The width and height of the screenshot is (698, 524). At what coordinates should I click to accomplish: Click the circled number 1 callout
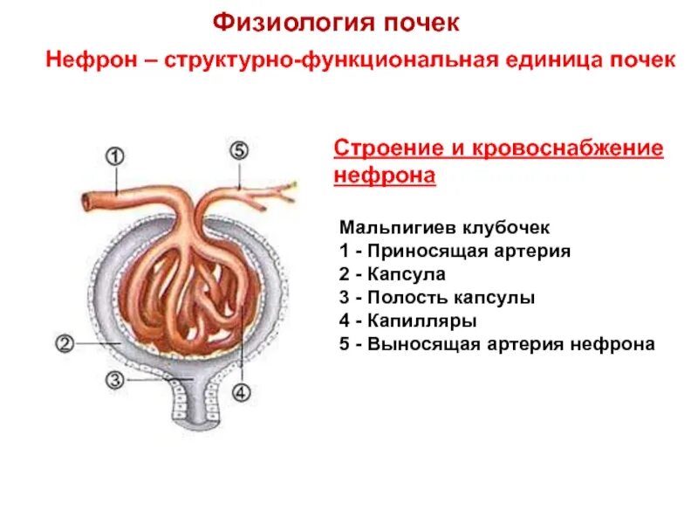click(115, 156)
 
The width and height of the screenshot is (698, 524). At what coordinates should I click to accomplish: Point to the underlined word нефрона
click(385, 176)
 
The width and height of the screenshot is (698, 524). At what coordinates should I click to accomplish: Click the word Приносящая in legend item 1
click(417, 252)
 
